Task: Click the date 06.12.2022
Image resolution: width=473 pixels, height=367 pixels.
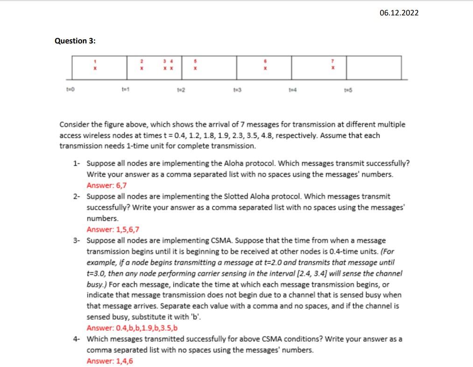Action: (x=399, y=13)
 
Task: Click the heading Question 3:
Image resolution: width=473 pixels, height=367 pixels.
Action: (x=75, y=41)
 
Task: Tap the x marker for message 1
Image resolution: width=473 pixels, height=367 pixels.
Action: (x=95, y=68)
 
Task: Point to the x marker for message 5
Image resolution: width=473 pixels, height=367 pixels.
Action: (x=195, y=68)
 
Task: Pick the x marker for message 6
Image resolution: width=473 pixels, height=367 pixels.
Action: (x=265, y=68)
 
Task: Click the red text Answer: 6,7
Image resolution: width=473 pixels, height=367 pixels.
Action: (x=106, y=185)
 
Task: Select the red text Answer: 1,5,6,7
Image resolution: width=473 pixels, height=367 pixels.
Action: (x=113, y=229)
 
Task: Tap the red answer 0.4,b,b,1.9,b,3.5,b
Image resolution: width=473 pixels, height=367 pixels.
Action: (x=132, y=327)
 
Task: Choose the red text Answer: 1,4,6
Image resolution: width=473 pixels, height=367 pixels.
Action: (x=110, y=361)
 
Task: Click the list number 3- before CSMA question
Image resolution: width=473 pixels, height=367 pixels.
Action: (x=77, y=240)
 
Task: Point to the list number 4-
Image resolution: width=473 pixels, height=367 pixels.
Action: (x=77, y=339)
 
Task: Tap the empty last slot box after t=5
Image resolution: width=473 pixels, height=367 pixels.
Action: (x=374, y=68)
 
